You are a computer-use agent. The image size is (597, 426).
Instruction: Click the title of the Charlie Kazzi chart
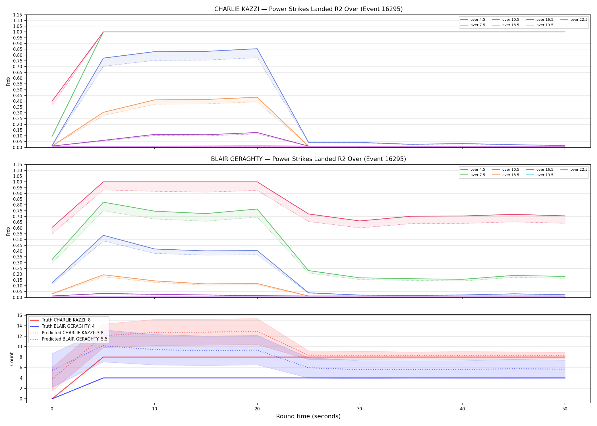(308, 9)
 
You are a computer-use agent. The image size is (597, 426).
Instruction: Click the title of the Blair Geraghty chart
(308, 159)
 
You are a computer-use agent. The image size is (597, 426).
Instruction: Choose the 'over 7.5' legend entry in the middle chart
(472, 175)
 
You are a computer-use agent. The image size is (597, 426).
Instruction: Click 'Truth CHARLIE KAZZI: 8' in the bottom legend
(60, 320)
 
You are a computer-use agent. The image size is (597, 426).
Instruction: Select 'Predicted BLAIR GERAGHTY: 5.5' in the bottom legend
(69, 339)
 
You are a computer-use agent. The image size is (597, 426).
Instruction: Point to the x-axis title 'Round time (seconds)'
(308, 416)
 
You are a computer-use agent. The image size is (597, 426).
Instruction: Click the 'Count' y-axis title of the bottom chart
(12, 359)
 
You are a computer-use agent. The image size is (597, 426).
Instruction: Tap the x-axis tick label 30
(360, 409)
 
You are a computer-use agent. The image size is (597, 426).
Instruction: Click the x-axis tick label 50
(565, 409)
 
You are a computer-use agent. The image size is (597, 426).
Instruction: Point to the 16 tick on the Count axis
(20, 315)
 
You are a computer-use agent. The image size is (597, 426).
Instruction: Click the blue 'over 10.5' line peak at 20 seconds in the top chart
(257, 49)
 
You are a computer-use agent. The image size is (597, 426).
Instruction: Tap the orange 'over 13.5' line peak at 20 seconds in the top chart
(257, 97)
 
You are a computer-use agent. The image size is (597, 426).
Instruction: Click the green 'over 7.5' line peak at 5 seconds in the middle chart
(103, 202)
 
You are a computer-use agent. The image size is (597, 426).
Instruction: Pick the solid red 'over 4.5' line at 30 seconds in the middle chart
(360, 221)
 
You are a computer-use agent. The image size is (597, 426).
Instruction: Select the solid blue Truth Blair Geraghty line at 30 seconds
(360, 378)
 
